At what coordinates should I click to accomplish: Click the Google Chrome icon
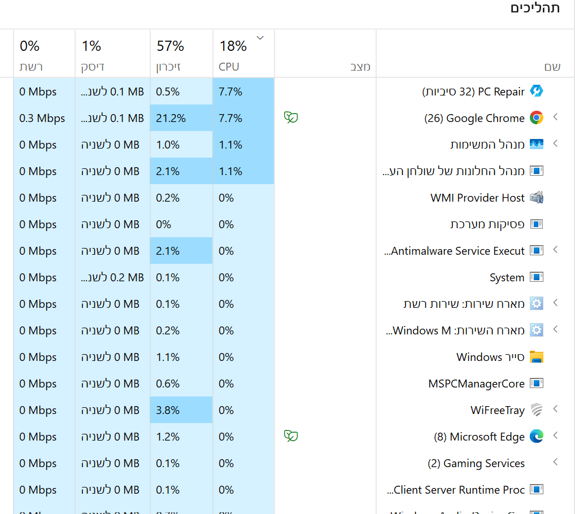click(536, 118)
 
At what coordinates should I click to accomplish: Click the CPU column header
click(229, 67)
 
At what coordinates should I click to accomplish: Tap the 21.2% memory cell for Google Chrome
click(171, 118)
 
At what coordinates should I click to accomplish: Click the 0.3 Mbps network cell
click(42, 118)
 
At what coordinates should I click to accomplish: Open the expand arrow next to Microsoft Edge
click(555, 435)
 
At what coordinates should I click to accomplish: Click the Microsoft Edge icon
click(536, 437)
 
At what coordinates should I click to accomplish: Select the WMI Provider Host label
click(477, 198)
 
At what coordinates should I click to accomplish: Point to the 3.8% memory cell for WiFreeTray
click(168, 410)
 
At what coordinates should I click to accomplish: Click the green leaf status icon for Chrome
click(291, 117)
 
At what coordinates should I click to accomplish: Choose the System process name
click(507, 277)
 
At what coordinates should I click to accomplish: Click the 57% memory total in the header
click(170, 46)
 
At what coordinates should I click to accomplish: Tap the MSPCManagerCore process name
click(476, 384)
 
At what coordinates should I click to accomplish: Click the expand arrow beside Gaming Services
click(555, 462)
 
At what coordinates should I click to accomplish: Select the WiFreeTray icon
click(536, 410)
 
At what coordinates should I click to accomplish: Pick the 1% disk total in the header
click(92, 46)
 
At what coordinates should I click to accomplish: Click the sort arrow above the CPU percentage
click(260, 38)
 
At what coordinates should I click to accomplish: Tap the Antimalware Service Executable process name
click(455, 251)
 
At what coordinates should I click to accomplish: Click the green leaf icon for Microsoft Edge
click(291, 436)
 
